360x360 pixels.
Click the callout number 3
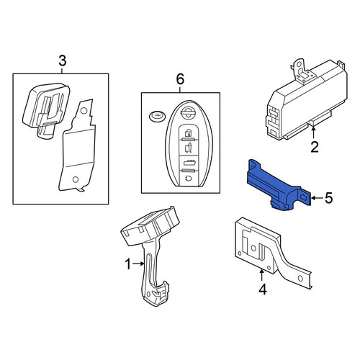tap(63, 60)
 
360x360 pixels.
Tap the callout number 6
tap(180, 79)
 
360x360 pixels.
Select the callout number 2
tap(315, 147)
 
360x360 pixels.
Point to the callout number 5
tap(329, 198)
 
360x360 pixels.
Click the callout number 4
tap(263, 289)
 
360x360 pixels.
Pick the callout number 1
tap(128, 264)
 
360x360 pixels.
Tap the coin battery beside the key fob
tap(158, 117)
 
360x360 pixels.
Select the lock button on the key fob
tap(189, 132)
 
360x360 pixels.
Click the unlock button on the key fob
tap(189, 148)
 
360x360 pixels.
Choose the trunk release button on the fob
tap(189, 163)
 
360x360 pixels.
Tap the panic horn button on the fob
tap(189, 179)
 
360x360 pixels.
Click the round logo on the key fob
tap(189, 112)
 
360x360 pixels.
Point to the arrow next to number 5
tap(317, 198)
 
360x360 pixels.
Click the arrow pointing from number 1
tap(138, 264)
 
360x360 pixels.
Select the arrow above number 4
tap(262, 275)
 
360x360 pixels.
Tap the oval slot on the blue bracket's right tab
tap(304, 197)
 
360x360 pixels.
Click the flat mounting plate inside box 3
tap(77, 146)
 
